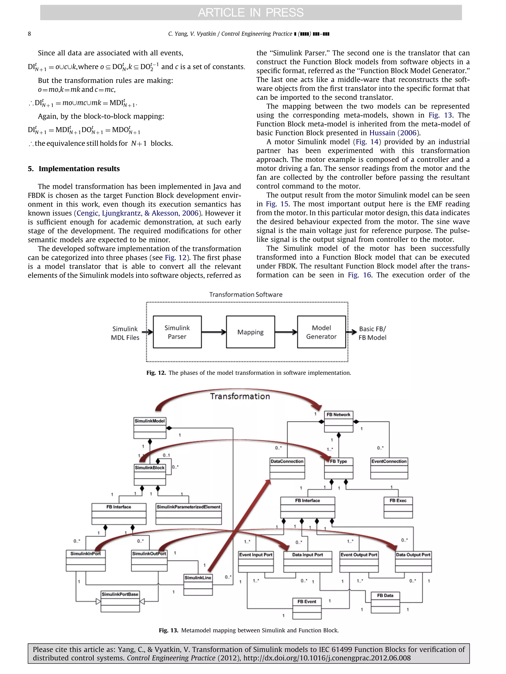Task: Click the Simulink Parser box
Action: [x=177, y=332]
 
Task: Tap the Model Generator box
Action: [x=321, y=332]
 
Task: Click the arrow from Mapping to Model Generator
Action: [x=286, y=332]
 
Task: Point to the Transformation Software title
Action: [x=246, y=294]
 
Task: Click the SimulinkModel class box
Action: [x=149, y=427]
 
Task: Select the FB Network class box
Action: [x=338, y=421]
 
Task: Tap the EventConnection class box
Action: [x=389, y=468]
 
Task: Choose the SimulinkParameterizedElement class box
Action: [x=188, y=514]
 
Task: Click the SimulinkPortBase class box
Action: [x=120, y=601]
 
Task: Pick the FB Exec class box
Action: [x=398, y=507]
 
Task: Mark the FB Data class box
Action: [x=385, y=602]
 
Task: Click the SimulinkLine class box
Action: [x=198, y=584]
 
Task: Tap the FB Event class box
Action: [x=307, y=608]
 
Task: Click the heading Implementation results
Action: [x=79, y=169]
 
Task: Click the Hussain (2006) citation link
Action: [x=394, y=133]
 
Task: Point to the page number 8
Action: [x=29, y=34]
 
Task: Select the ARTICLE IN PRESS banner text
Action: [x=251, y=13]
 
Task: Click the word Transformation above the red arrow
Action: [x=240, y=396]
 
